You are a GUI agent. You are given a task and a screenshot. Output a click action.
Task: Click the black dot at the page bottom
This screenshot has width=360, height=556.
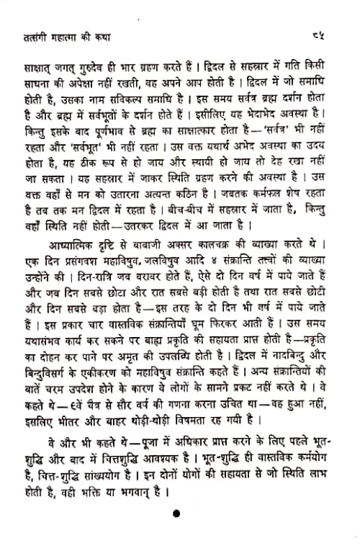click(x=176, y=513)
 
